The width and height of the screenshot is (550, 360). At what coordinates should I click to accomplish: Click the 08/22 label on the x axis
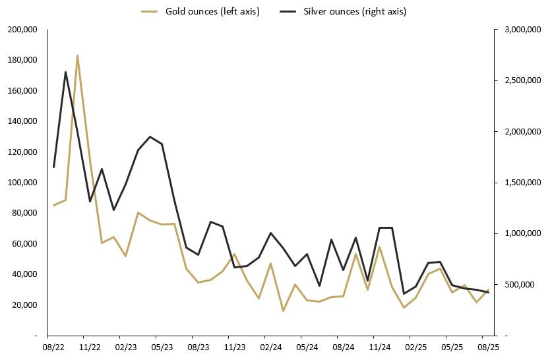[x=53, y=346]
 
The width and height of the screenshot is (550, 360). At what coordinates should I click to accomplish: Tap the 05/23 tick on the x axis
[x=162, y=346]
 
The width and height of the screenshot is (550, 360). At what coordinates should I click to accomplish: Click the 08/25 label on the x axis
[x=487, y=346]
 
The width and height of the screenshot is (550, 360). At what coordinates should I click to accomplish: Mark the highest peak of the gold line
[x=78, y=55]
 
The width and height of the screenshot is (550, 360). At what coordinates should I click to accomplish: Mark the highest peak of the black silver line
[x=65, y=72]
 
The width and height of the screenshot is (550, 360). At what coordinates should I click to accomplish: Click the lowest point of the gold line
[x=283, y=311]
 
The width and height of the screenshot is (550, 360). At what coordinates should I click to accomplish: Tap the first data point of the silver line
[x=53, y=167]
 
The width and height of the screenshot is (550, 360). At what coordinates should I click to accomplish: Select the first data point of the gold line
[x=53, y=205]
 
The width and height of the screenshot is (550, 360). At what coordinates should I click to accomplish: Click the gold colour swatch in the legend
[x=150, y=12]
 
